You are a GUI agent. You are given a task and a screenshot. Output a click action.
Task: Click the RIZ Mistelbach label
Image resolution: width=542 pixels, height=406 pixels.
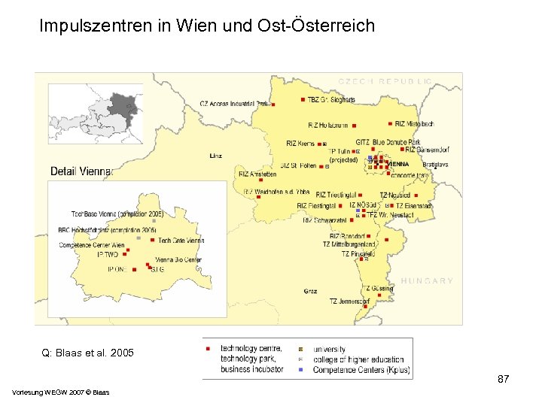point(414,123)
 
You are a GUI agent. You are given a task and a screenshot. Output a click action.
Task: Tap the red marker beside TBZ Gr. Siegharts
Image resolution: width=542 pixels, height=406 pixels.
point(302,99)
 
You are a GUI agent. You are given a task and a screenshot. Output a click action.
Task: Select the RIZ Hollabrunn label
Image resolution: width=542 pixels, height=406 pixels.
point(328,125)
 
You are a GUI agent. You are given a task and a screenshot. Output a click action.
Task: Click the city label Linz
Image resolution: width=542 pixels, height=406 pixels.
point(216,156)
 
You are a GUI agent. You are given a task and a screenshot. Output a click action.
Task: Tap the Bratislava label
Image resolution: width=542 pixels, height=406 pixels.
point(435,164)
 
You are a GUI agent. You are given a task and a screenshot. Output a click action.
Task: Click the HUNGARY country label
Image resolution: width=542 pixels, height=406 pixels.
point(427,280)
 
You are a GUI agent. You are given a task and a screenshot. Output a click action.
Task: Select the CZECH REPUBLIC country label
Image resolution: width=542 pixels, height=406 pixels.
point(385,80)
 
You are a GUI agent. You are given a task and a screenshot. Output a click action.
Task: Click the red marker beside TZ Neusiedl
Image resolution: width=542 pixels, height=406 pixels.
point(414,195)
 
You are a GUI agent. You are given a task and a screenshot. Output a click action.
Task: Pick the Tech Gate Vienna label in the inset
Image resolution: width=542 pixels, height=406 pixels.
point(181,241)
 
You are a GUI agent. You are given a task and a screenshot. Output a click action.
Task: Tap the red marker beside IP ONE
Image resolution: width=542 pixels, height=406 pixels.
point(134,268)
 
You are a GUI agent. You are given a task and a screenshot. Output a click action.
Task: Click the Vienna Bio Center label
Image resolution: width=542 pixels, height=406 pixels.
point(177,260)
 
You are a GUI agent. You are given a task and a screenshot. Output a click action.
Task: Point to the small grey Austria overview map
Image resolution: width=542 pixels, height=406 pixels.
point(95,113)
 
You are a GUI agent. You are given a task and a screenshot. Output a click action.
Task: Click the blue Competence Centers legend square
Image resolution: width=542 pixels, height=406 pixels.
point(300,370)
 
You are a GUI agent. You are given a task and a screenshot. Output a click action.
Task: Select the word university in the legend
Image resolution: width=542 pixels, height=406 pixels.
point(329,350)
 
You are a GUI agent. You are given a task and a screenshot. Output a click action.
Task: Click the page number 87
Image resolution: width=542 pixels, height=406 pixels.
point(504,380)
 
